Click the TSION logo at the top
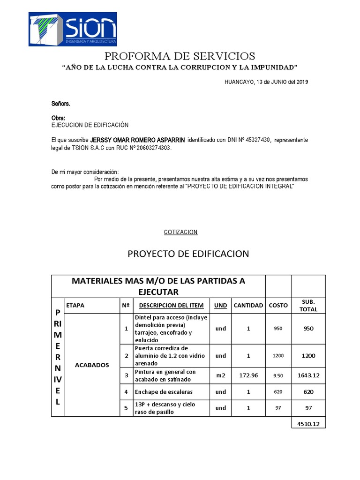pyautogui.click(x=73, y=29)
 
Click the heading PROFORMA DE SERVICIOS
pyautogui.click(x=180, y=56)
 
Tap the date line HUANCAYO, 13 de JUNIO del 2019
pyautogui.click(x=266, y=82)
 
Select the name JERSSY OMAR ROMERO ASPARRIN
pyautogui.click(x=138, y=140)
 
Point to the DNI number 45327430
pyautogui.click(x=257, y=140)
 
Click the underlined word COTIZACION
pyautogui.click(x=180, y=232)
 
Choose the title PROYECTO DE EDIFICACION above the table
pyautogui.click(x=188, y=254)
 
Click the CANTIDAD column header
pyautogui.click(x=248, y=306)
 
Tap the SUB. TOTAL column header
pyautogui.click(x=308, y=305)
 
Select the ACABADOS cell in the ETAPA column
pyautogui.click(x=92, y=365)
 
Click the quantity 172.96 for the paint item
pyautogui.click(x=248, y=375)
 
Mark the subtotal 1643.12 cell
pyautogui.click(x=308, y=375)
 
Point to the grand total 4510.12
pyautogui.click(x=308, y=424)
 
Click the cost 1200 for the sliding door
pyautogui.click(x=278, y=356)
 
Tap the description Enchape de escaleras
pyautogui.click(x=164, y=391)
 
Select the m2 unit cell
pyautogui.click(x=220, y=375)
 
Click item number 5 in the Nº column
pyautogui.click(x=126, y=408)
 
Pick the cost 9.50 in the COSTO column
pyautogui.click(x=278, y=375)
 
